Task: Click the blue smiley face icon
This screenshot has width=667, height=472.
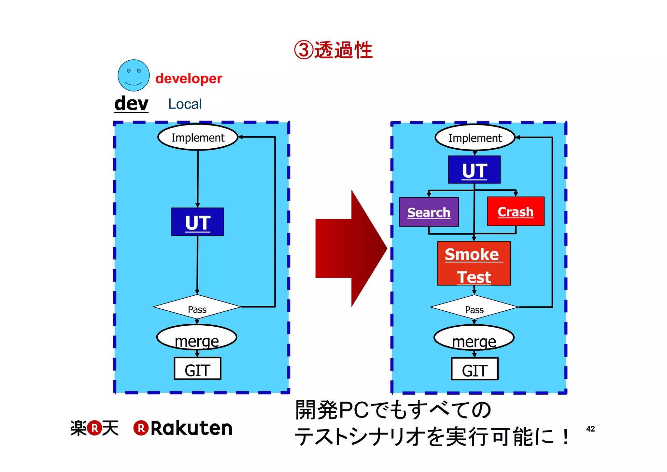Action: point(134,75)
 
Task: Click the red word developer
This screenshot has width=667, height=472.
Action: point(189,79)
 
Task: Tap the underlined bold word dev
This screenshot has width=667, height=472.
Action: point(131,104)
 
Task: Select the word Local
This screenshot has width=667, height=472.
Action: point(185,104)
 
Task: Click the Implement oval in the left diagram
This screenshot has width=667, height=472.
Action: point(198,137)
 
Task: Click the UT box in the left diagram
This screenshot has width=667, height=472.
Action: point(198,222)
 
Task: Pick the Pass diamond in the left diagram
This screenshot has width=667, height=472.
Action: point(197,307)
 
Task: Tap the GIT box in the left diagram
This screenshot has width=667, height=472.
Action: point(197,369)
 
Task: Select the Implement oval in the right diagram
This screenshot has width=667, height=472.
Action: point(475,138)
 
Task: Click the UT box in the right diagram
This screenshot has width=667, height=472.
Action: point(474,170)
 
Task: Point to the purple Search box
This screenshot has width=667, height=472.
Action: point(429,212)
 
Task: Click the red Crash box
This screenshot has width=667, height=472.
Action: point(516,212)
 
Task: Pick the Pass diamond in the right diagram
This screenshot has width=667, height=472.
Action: point(474,307)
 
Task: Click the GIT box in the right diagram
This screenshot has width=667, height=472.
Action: point(475,369)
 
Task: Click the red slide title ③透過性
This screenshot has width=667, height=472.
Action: point(333,50)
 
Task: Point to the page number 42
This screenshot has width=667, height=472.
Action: point(590,429)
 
